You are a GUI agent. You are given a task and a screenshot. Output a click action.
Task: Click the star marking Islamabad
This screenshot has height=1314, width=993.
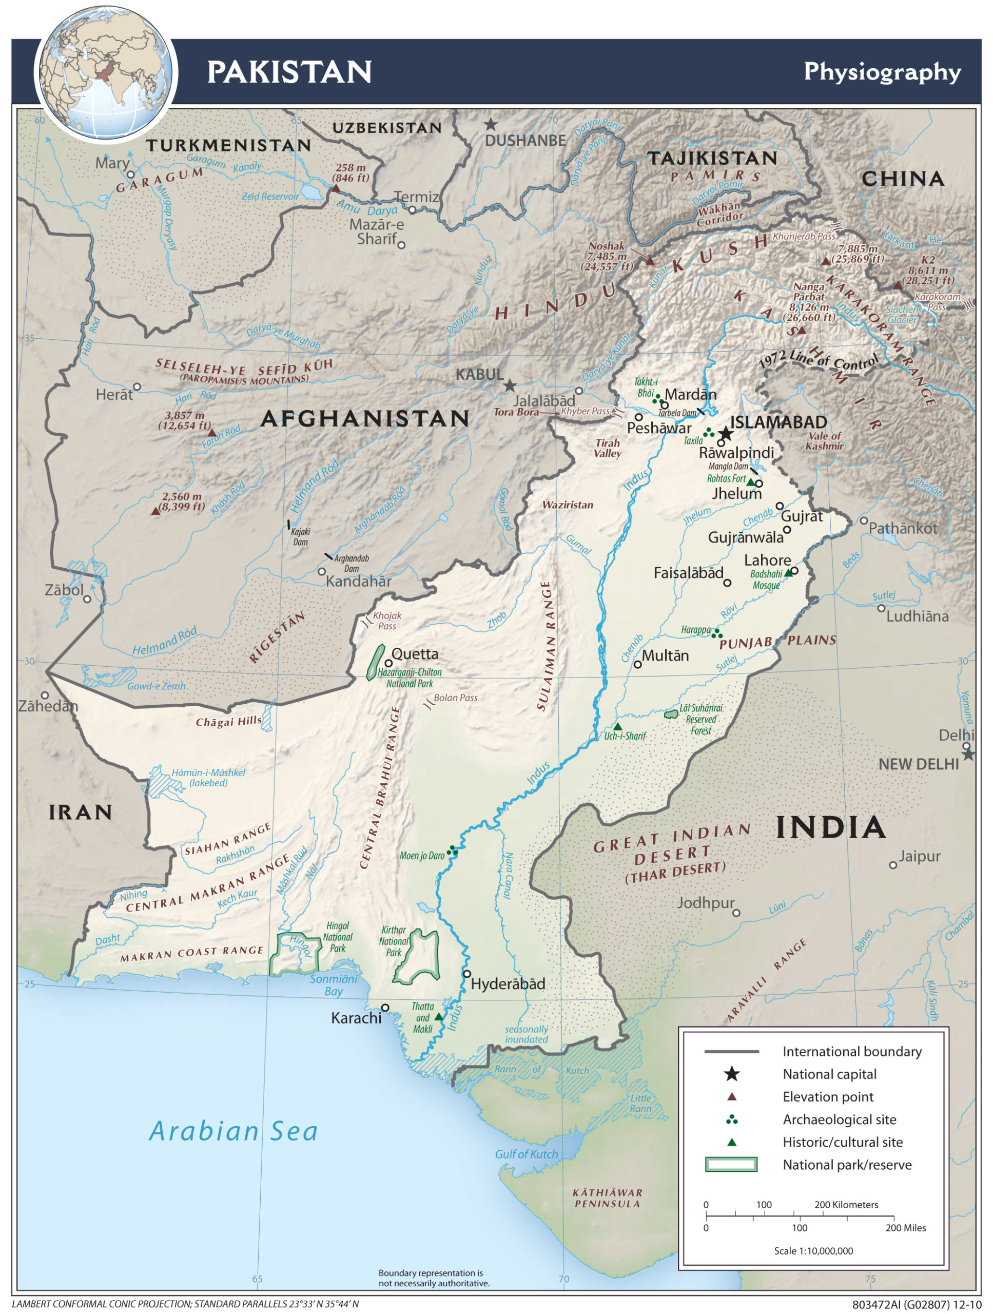tap(725, 433)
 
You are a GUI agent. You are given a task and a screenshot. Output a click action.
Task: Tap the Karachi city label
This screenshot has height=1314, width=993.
tap(356, 1018)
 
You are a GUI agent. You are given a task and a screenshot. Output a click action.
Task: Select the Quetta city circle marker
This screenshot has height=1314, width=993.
tap(388, 663)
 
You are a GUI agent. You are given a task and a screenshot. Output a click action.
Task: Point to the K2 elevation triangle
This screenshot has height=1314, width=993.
tap(898, 285)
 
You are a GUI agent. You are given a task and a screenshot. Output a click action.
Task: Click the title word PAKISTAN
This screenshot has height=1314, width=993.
tap(289, 72)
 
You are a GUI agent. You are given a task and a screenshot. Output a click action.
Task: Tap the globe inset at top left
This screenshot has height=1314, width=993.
tap(106, 72)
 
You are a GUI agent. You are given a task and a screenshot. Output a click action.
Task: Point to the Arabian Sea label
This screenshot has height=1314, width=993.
tap(233, 1130)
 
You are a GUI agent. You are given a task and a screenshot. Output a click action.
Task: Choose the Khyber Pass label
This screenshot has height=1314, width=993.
tap(586, 411)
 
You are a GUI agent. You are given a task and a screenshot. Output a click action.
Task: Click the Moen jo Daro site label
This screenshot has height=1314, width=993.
tap(422, 856)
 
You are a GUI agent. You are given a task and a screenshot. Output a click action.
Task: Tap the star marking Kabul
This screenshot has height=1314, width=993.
tap(510, 386)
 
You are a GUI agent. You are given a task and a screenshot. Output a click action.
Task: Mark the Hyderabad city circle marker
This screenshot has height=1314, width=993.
tap(467, 974)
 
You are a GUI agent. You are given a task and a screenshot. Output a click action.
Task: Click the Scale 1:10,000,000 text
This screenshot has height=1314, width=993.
tap(813, 1251)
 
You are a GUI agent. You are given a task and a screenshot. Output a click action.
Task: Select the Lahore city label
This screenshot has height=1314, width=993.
tap(767, 560)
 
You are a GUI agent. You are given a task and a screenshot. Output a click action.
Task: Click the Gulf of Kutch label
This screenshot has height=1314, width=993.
tap(526, 1154)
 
